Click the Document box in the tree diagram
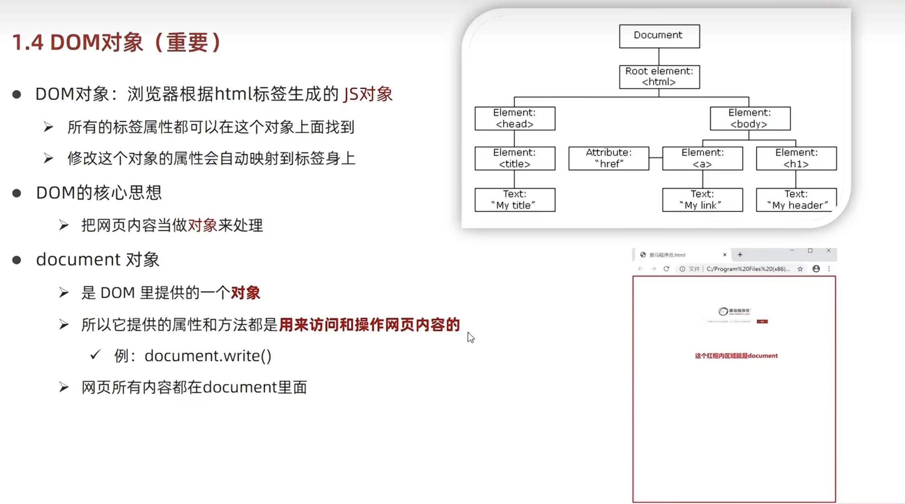point(659,36)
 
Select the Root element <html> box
point(659,76)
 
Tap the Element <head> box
point(515,118)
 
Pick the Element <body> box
point(750,118)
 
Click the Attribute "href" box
point(608,158)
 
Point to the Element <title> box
point(515,158)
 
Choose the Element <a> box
point(702,158)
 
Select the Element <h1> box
point(796,158)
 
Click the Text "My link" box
point(702,200)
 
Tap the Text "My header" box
point(796,200)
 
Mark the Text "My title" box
point(515,200)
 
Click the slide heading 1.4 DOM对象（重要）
point(117,42)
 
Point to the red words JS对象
point(368,94)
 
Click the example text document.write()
point(208,356)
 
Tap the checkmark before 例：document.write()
point(95,355)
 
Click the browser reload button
point(666,269)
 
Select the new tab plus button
point(740,255)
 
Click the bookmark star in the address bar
point(800,269)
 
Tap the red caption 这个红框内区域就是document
point(736,355)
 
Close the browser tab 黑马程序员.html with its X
point(725,255)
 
